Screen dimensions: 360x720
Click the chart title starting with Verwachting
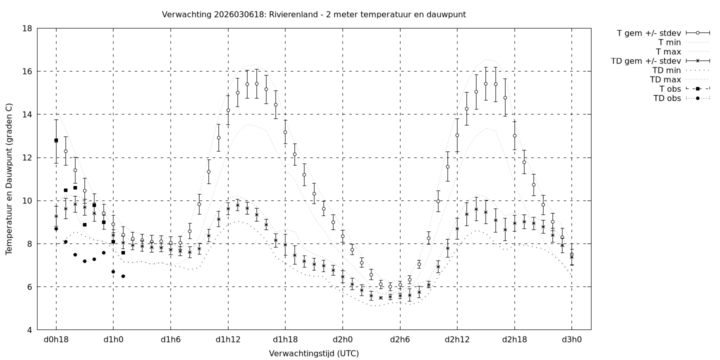(313, 14)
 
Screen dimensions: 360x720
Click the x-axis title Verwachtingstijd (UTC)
(313, 353)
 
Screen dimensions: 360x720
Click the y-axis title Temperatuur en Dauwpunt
(9, 179)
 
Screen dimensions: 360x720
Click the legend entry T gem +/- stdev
(649, 33)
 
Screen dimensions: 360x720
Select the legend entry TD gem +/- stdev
(646, 61)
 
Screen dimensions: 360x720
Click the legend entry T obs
(670, 89)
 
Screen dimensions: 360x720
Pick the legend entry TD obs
(667, 98)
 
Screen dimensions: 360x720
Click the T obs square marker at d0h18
(56, 140)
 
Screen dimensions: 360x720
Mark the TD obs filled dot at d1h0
(113, 271)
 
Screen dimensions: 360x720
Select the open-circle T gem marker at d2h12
(457, 135)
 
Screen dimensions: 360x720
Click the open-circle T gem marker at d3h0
(572, 254)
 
